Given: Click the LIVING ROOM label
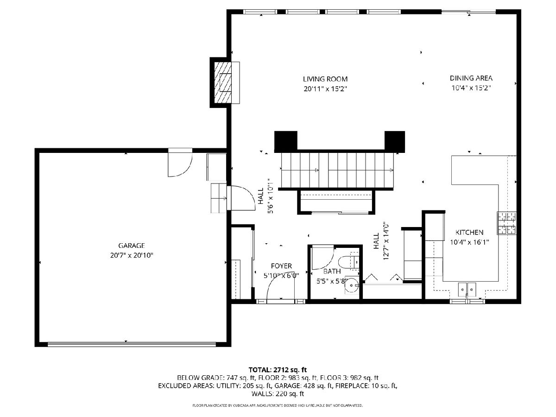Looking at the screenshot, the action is point(325,79).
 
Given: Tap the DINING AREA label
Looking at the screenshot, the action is point(471,78).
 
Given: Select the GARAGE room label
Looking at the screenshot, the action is point(132,246).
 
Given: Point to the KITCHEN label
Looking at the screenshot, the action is point(469,232).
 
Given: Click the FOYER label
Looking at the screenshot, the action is point(281,266).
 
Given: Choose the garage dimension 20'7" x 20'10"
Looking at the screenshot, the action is point(132,255).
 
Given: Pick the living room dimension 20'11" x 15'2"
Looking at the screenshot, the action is point(325,89).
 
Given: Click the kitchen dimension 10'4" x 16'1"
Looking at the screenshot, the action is point(469,242).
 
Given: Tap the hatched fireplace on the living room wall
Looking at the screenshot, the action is point(223,82).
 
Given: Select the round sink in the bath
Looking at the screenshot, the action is point(352,285).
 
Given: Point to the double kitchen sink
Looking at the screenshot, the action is point(467,289).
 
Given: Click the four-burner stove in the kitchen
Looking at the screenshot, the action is point(506,223).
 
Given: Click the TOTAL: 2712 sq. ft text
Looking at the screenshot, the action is point(278,370).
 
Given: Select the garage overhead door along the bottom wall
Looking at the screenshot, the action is point(132,344).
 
